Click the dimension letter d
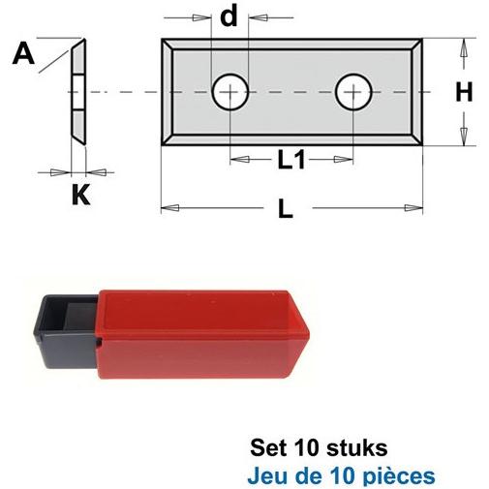pos(229,16)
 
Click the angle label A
pos(23,53)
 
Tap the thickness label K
pos(80,195)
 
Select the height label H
pos(464,92)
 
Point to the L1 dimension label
pos(291,160)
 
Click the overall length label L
pos(286,208)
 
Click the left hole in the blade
pos(230,92)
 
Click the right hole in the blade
pos(353,92)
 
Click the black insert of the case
pos(66,332)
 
